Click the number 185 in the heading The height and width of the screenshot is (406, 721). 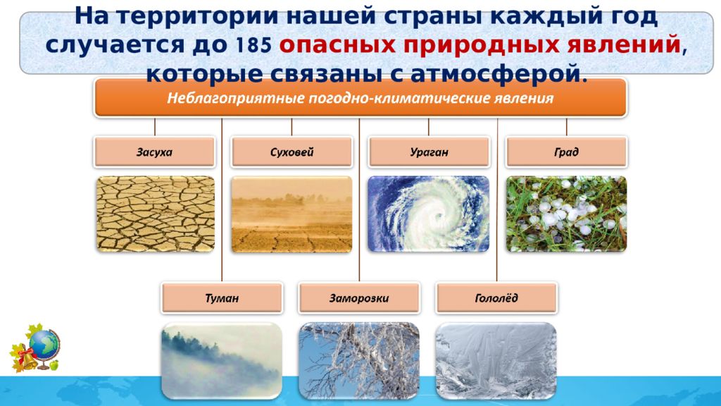[x=253, y=44]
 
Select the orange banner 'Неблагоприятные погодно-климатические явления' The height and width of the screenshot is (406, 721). [x=360, y=97]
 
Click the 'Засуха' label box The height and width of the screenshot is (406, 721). [x=154, y=152]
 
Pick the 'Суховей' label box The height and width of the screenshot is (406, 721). [x=291, y=152]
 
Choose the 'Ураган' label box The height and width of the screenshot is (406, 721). [x=429, y=152]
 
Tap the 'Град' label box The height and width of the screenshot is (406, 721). [x=566, y=152]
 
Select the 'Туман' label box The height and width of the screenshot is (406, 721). [x=222, y=298]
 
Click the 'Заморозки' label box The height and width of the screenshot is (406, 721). [x=359, y=298]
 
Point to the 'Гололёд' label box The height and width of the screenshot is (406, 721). [x=496, y=298]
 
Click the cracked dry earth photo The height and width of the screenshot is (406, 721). [x=156, y=214]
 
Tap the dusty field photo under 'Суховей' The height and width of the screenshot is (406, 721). [x=291, y=214]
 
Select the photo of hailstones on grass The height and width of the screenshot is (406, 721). [x=566, y=214]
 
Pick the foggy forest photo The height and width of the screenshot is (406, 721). [x=222, y=360]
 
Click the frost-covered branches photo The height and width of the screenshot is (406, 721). [x=359, y=360]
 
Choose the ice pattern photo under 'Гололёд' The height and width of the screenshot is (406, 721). [x=496, y=360]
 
